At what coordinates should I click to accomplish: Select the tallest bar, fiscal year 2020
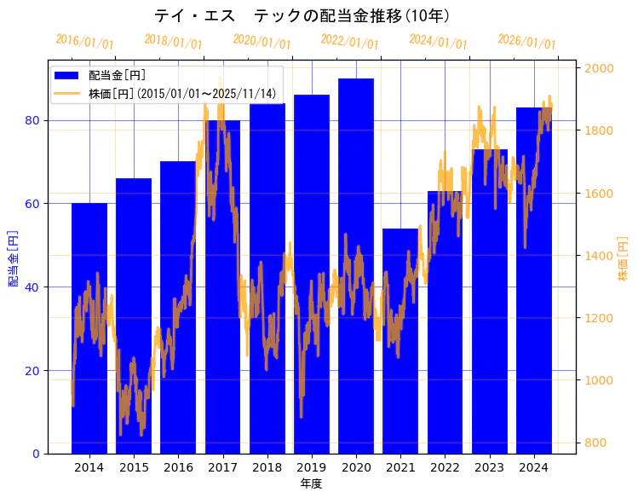[x=356, y=265]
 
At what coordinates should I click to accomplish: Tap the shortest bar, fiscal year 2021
[x=400, y=341]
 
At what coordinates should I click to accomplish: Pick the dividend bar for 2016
[x=178, y=307]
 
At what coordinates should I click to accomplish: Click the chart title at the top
[x=302, y=16]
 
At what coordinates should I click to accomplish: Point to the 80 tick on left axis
[x=32, y=120]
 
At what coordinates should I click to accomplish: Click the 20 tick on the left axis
[x=32, y=370]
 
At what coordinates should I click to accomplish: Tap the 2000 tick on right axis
[x=597, y=68]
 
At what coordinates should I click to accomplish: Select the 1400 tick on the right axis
[x=597, y=255]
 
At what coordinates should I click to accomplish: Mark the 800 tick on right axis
[x=594, y=443]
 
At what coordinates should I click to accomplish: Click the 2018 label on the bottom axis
[x=267, y=467]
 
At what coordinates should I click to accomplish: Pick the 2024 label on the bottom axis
[x=534, y=467]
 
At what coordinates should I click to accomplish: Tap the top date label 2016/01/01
[x=84, y=41]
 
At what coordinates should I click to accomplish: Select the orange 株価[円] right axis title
[x=623, y=260]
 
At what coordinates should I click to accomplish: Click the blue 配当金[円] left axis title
[x=13, y=258]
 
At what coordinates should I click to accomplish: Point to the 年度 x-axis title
[x=311, y=484]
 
